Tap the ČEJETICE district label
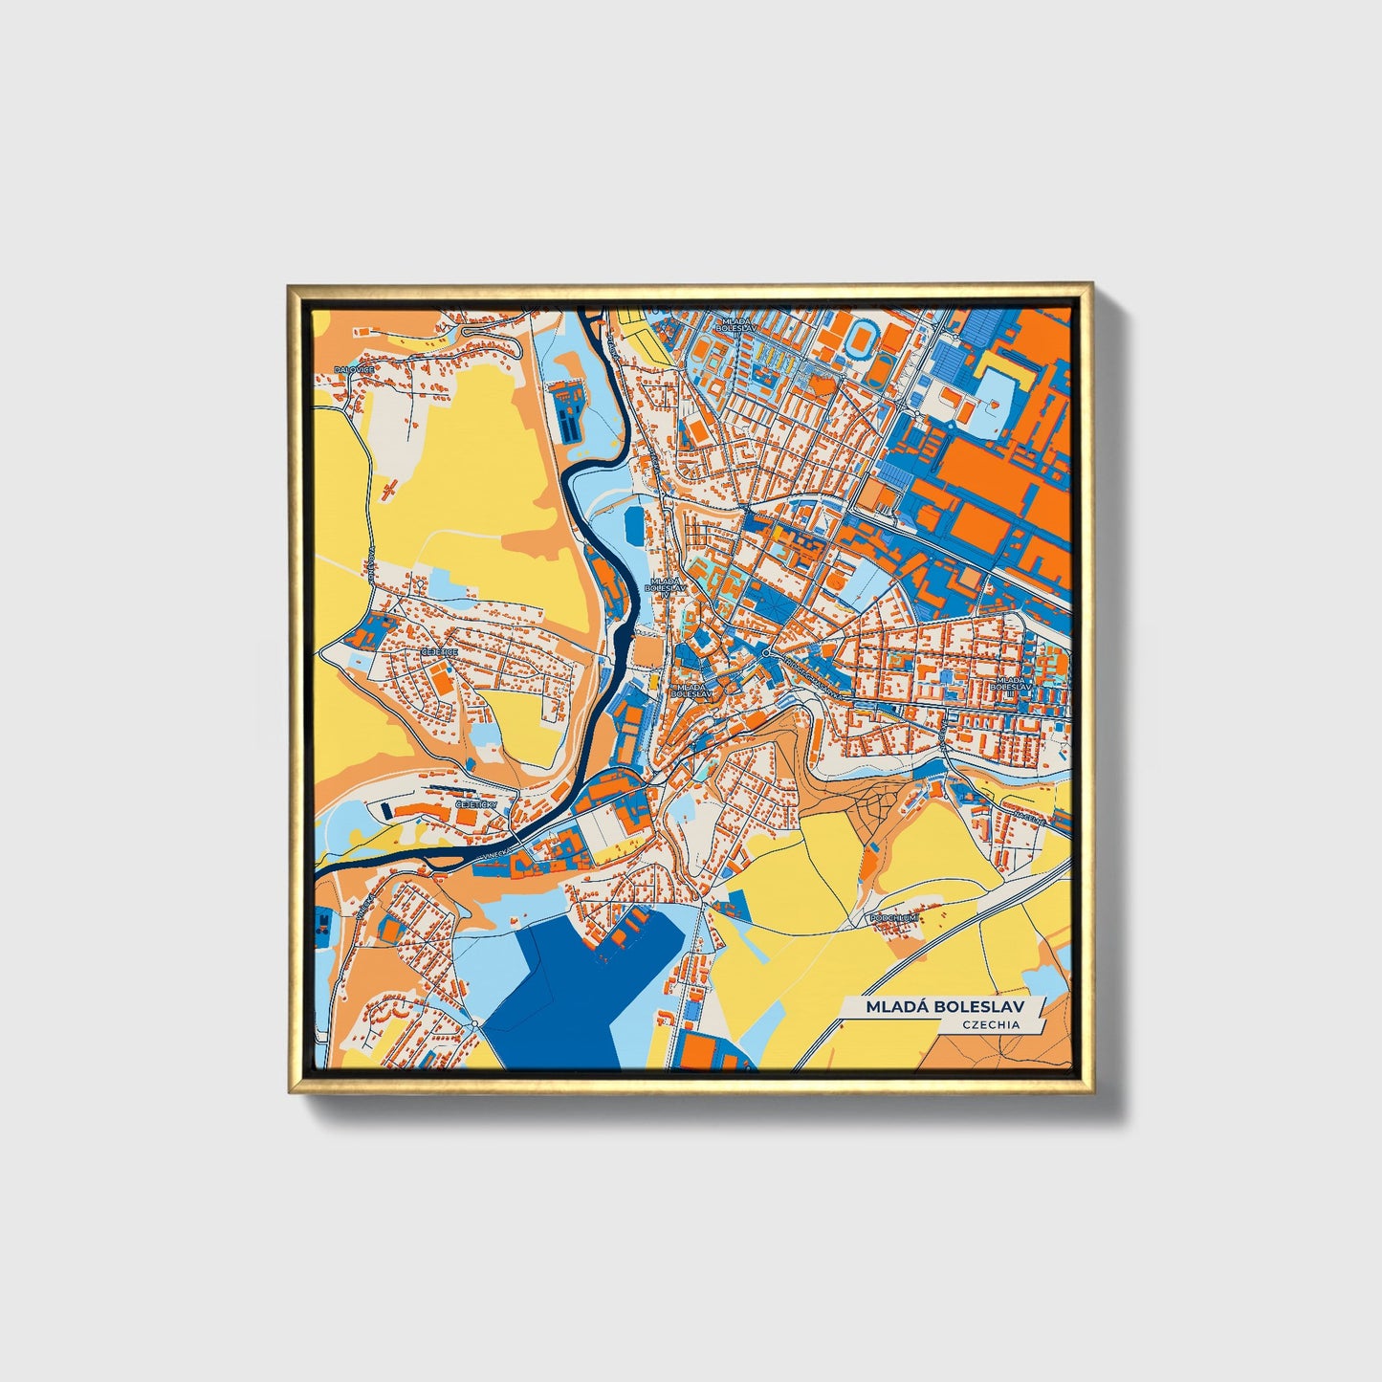point(439,651)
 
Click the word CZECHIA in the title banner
point(991,1024)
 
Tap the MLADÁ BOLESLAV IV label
point(665,585)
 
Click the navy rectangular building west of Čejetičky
point(385,811)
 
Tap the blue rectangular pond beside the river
point(634,525)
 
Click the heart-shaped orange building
point(996,406)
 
